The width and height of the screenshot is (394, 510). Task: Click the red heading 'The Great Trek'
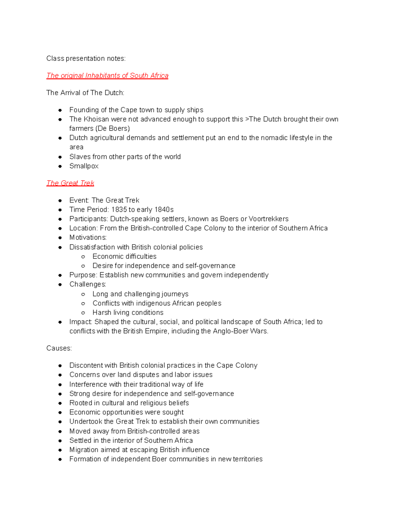[x=70, y=183]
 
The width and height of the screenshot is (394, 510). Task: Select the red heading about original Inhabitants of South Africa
[x=107, y=76]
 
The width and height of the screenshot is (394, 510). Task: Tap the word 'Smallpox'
[x=84, y=166]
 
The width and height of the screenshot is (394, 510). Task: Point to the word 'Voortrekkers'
[x=269, y=219]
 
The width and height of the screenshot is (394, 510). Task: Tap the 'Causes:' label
[x=59, y=348]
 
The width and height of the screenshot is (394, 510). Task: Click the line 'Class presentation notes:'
[x=86, y=58]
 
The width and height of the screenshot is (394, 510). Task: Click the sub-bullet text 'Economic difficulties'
[x=124, y=256]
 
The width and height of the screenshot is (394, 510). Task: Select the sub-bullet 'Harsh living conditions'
[x=128, y=312]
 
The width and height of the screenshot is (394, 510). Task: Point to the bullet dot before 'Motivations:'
[x=60, y=237]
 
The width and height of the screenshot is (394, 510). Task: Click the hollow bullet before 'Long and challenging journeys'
[x=83, y=294]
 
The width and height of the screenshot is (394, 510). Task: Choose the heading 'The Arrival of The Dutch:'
[x=85, y=93]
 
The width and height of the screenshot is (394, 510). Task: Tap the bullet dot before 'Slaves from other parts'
[x=60, y=157]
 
